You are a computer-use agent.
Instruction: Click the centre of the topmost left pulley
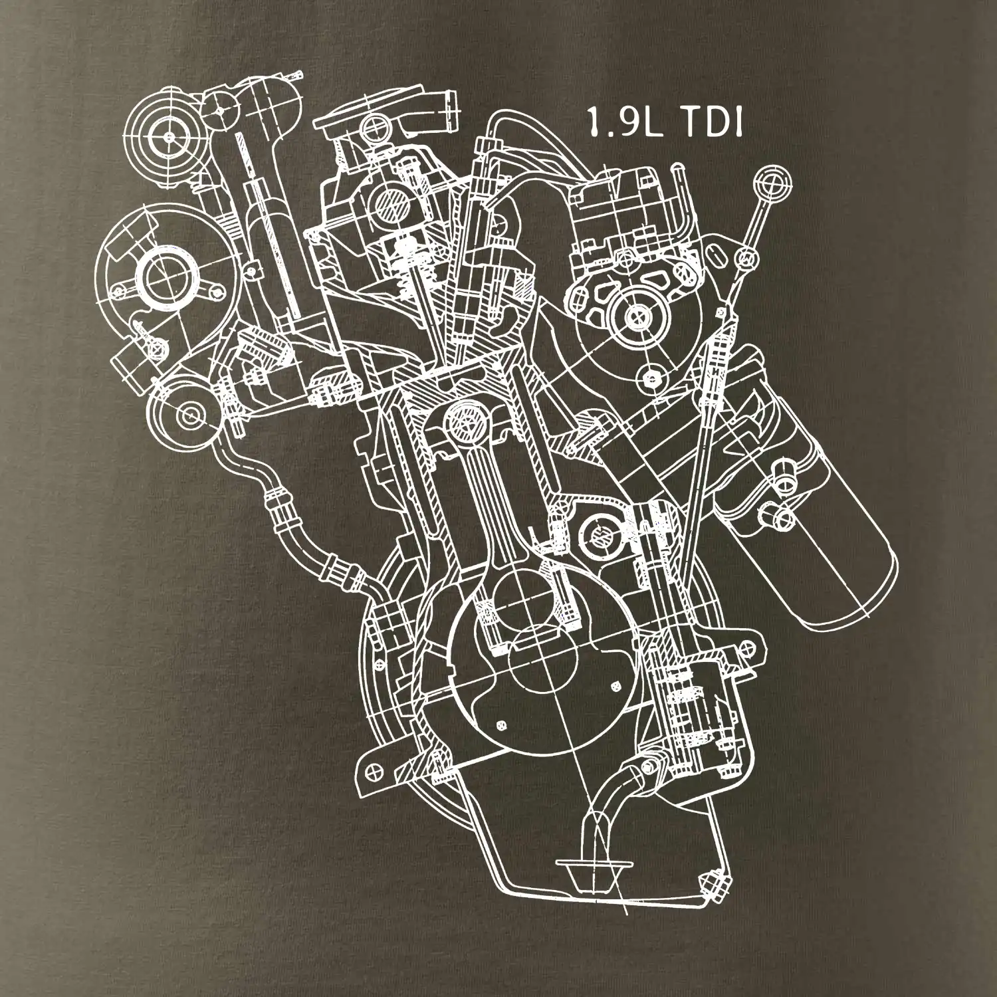(169, 136)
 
